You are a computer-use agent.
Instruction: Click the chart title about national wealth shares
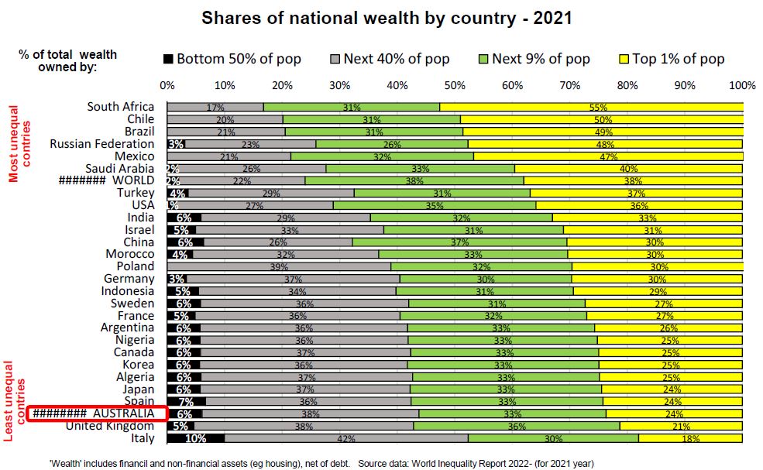pyautogui.click(x=387, y=18)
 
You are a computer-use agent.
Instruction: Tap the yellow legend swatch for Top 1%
pyautogui.click(x=624, y=59)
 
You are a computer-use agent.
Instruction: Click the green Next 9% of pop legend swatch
pyautogui.click(x=483, y=59)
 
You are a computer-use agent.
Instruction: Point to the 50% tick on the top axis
pyautogui.click(x=455, y=84)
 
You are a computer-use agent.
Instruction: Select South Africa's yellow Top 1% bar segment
pyautogui.click(x=592, y=107)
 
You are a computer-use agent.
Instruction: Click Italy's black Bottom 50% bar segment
pyautogui.click(x=195, y=438)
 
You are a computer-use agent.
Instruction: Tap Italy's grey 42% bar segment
pyautogui.click(x=345, y=438)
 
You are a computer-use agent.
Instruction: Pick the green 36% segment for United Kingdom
pyautogui.click(x=516, y=426)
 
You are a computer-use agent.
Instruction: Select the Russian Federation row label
pyautogui.click(x=101, y=144)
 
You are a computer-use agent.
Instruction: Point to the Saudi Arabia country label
pyautogui.click(x=119, y=169)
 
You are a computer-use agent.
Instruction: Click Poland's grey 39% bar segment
pyautogui.click(x=279, y=266)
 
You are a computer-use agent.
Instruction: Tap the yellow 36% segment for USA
pyautogui.click(x=639, y=205)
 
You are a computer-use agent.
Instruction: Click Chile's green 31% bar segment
pyautogui.click(x=371, y=119)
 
